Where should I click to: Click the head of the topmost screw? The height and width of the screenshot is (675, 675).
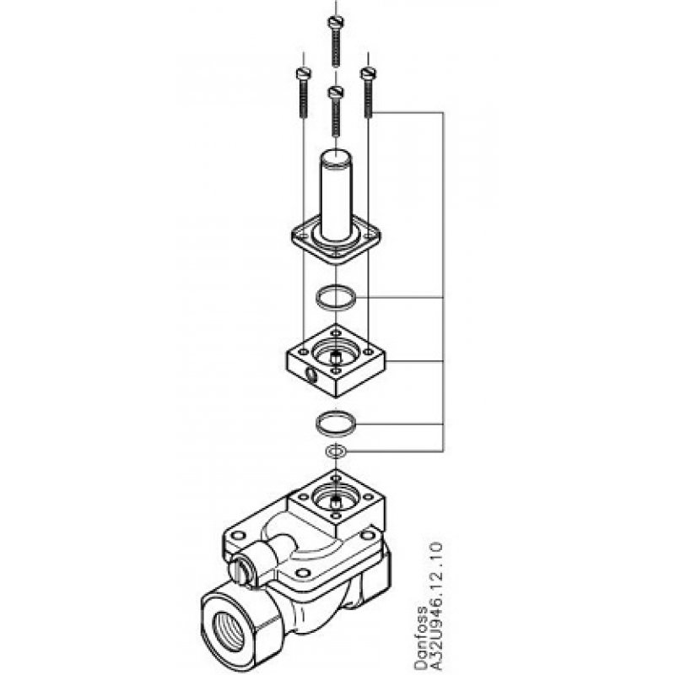click(x=336, y=22)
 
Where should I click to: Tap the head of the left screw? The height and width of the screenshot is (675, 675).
click(x=302, y=75)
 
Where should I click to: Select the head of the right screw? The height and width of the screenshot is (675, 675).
click(x=367, y=75)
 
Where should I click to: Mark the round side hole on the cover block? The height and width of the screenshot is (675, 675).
click(x=306, y=372)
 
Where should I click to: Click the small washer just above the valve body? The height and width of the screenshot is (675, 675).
click(x=336, y=451)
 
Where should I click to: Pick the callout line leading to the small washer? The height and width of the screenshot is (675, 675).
click(x=397, y=451)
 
